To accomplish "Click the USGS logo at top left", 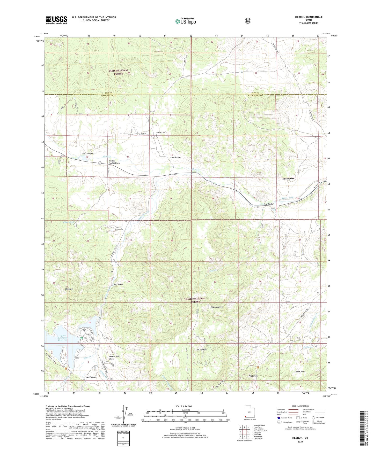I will click(x=56, y=20).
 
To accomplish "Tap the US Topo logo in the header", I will click(x=185, y=21).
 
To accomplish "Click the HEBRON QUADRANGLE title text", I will click(x=309, y=17).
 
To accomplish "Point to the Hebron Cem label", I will click(x=160, y=133).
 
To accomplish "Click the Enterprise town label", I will click(x=288, y=178).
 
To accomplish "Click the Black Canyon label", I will click(x=217, y=307).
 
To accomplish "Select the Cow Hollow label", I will click(x=269, y=204).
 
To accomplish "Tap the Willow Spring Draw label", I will click(x=114, y=162).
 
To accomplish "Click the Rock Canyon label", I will click(x=88, y=153).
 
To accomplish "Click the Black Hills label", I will click(x=300, y=371).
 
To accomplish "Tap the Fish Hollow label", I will click(x=175, y=157).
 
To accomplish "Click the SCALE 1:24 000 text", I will click(x=184, y=406).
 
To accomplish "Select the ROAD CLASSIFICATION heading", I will click(x=300, y=406).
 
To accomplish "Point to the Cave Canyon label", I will click(x=90, y=377).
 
